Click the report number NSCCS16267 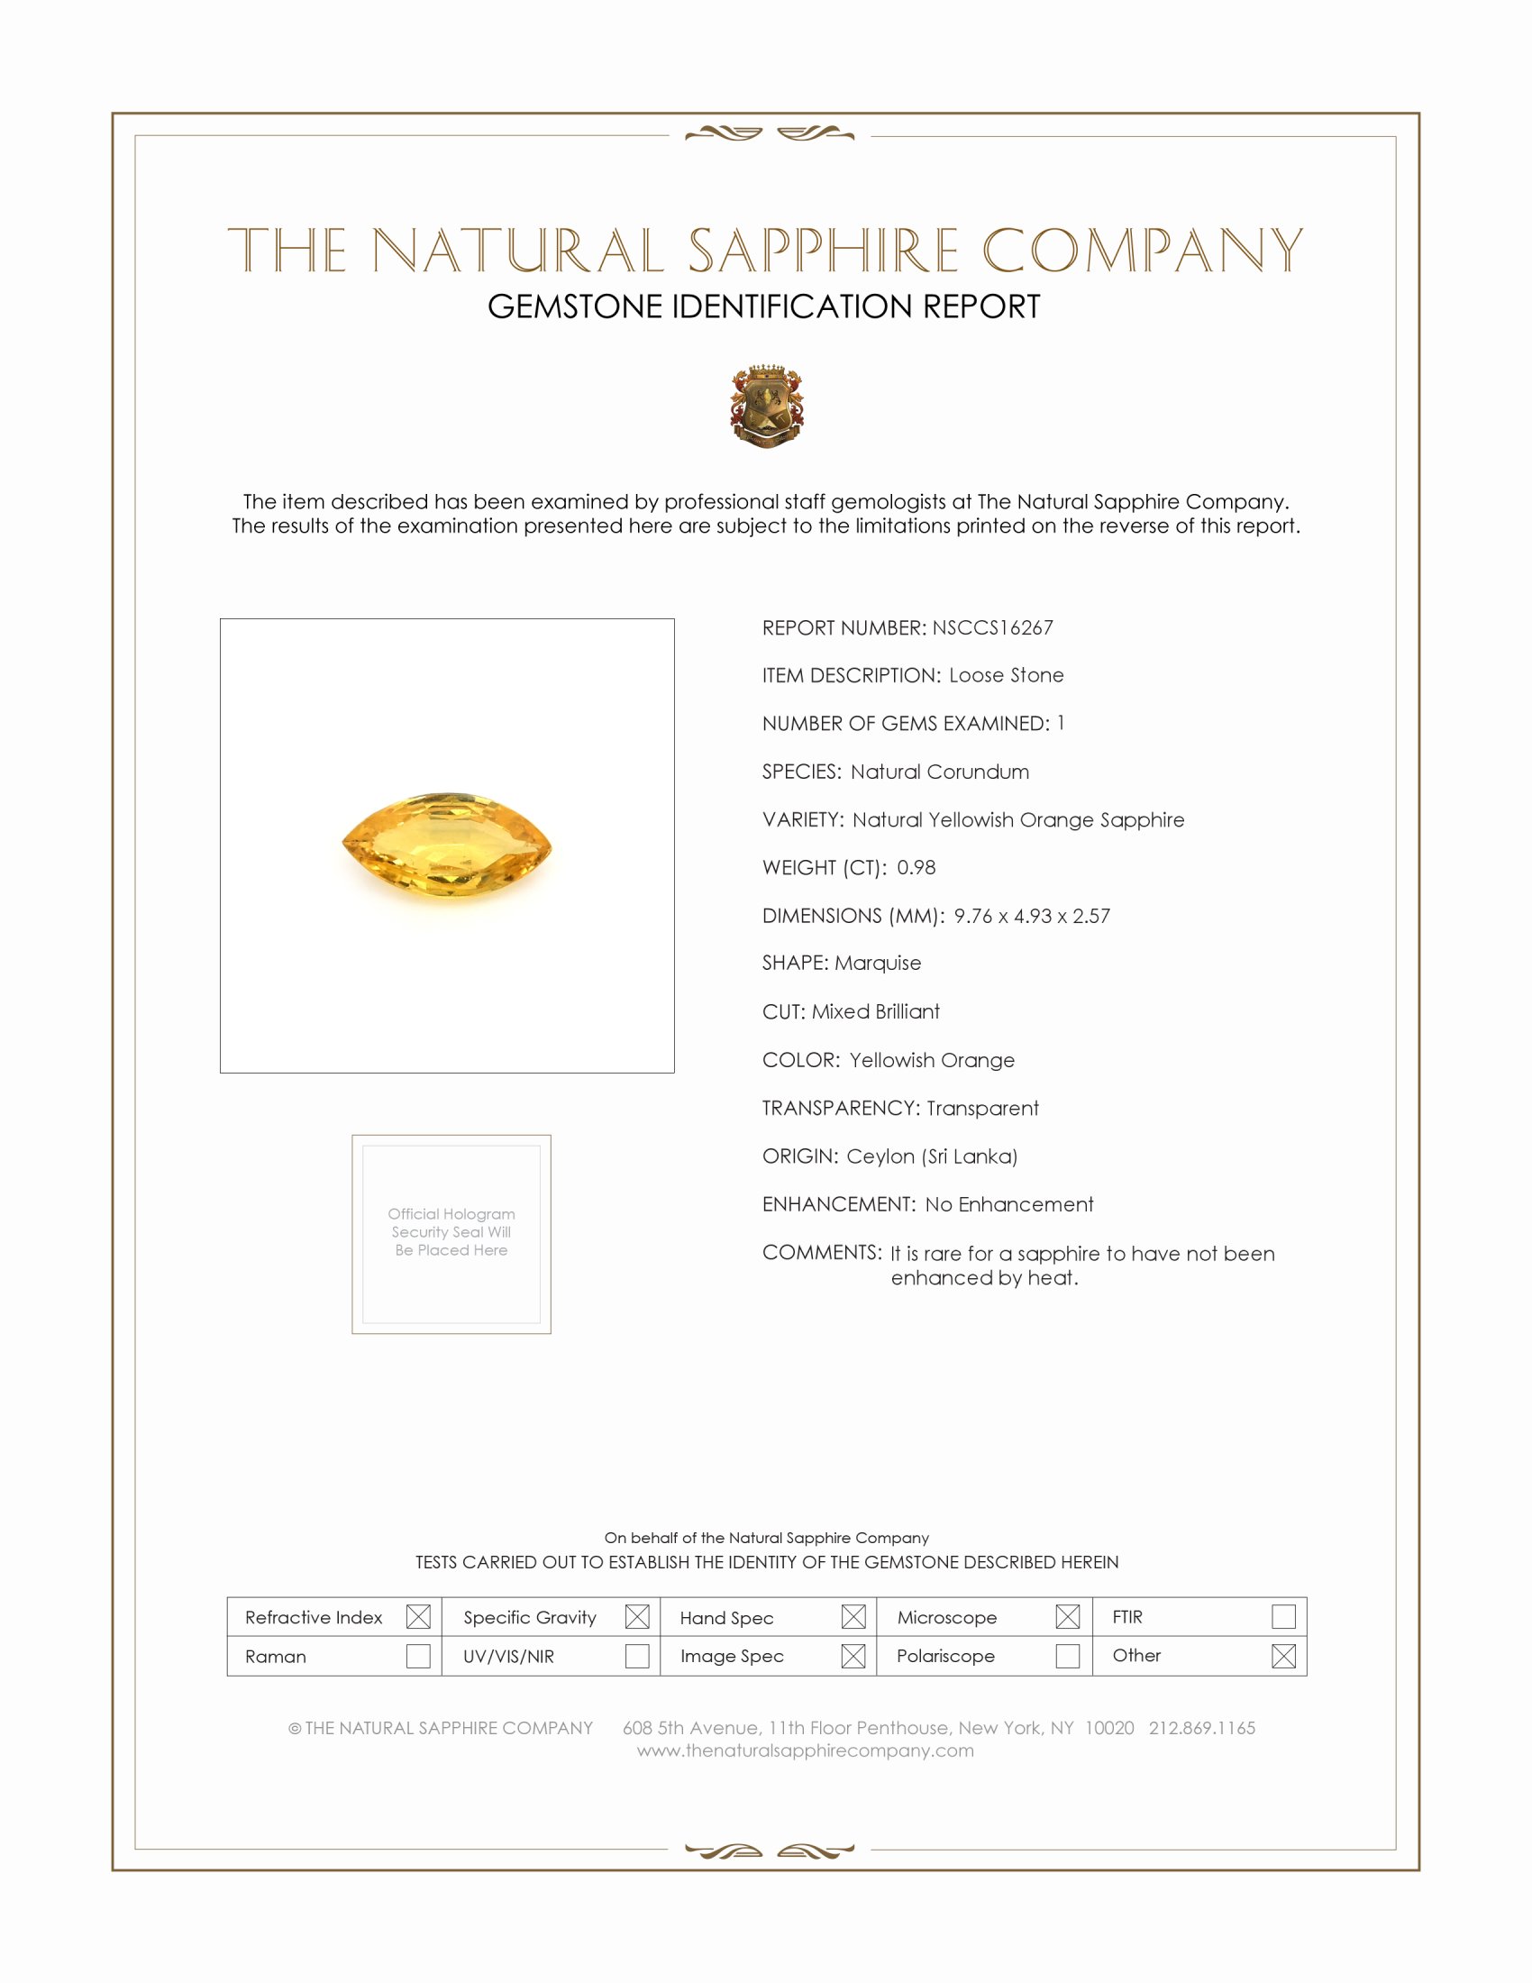point(992,627)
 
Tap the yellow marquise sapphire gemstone point(446,845)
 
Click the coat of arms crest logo point(767,406)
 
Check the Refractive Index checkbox point(418,1617)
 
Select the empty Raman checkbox point(418,1656)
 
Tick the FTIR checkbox point(1283,1617)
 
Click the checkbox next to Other point(1283,1656)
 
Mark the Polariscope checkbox point(1067,1656)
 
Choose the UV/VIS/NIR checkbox point(637,1656)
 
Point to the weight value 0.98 point(916,868)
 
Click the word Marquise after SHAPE point(878,964)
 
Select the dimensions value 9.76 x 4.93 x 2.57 point(1032,916)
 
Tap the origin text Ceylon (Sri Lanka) point(932,1156)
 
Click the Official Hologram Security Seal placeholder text point(451,1232)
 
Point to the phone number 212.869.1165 point(1201,1728)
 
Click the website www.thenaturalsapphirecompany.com point(805,1750)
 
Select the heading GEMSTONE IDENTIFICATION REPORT point(763,306)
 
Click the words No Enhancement point(1009,1205)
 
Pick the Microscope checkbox point(1067,1617)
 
